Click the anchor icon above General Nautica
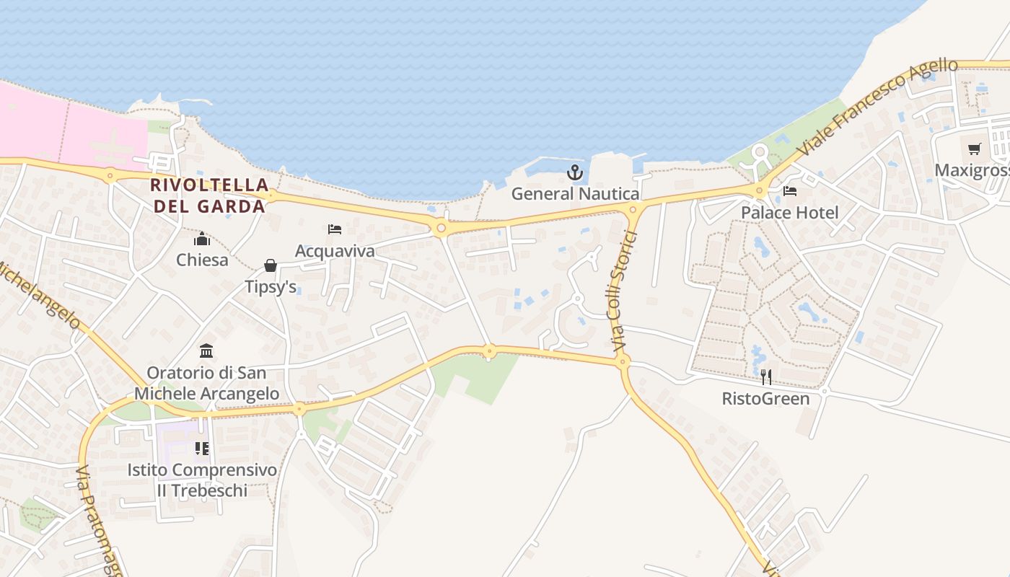575,172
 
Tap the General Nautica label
575,194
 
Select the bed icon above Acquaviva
335,229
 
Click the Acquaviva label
335,251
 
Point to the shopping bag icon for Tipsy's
271,265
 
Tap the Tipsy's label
271,287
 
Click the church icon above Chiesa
202,238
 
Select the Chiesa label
202,260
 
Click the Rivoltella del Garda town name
208,195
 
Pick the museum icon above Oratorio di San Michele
206,351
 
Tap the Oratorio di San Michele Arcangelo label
206,383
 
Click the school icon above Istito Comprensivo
202,449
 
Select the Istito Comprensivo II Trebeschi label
202,480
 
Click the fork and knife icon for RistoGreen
766,376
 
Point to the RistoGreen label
766,399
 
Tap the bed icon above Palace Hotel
790,191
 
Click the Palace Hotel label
790,213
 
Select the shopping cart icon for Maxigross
975,149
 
